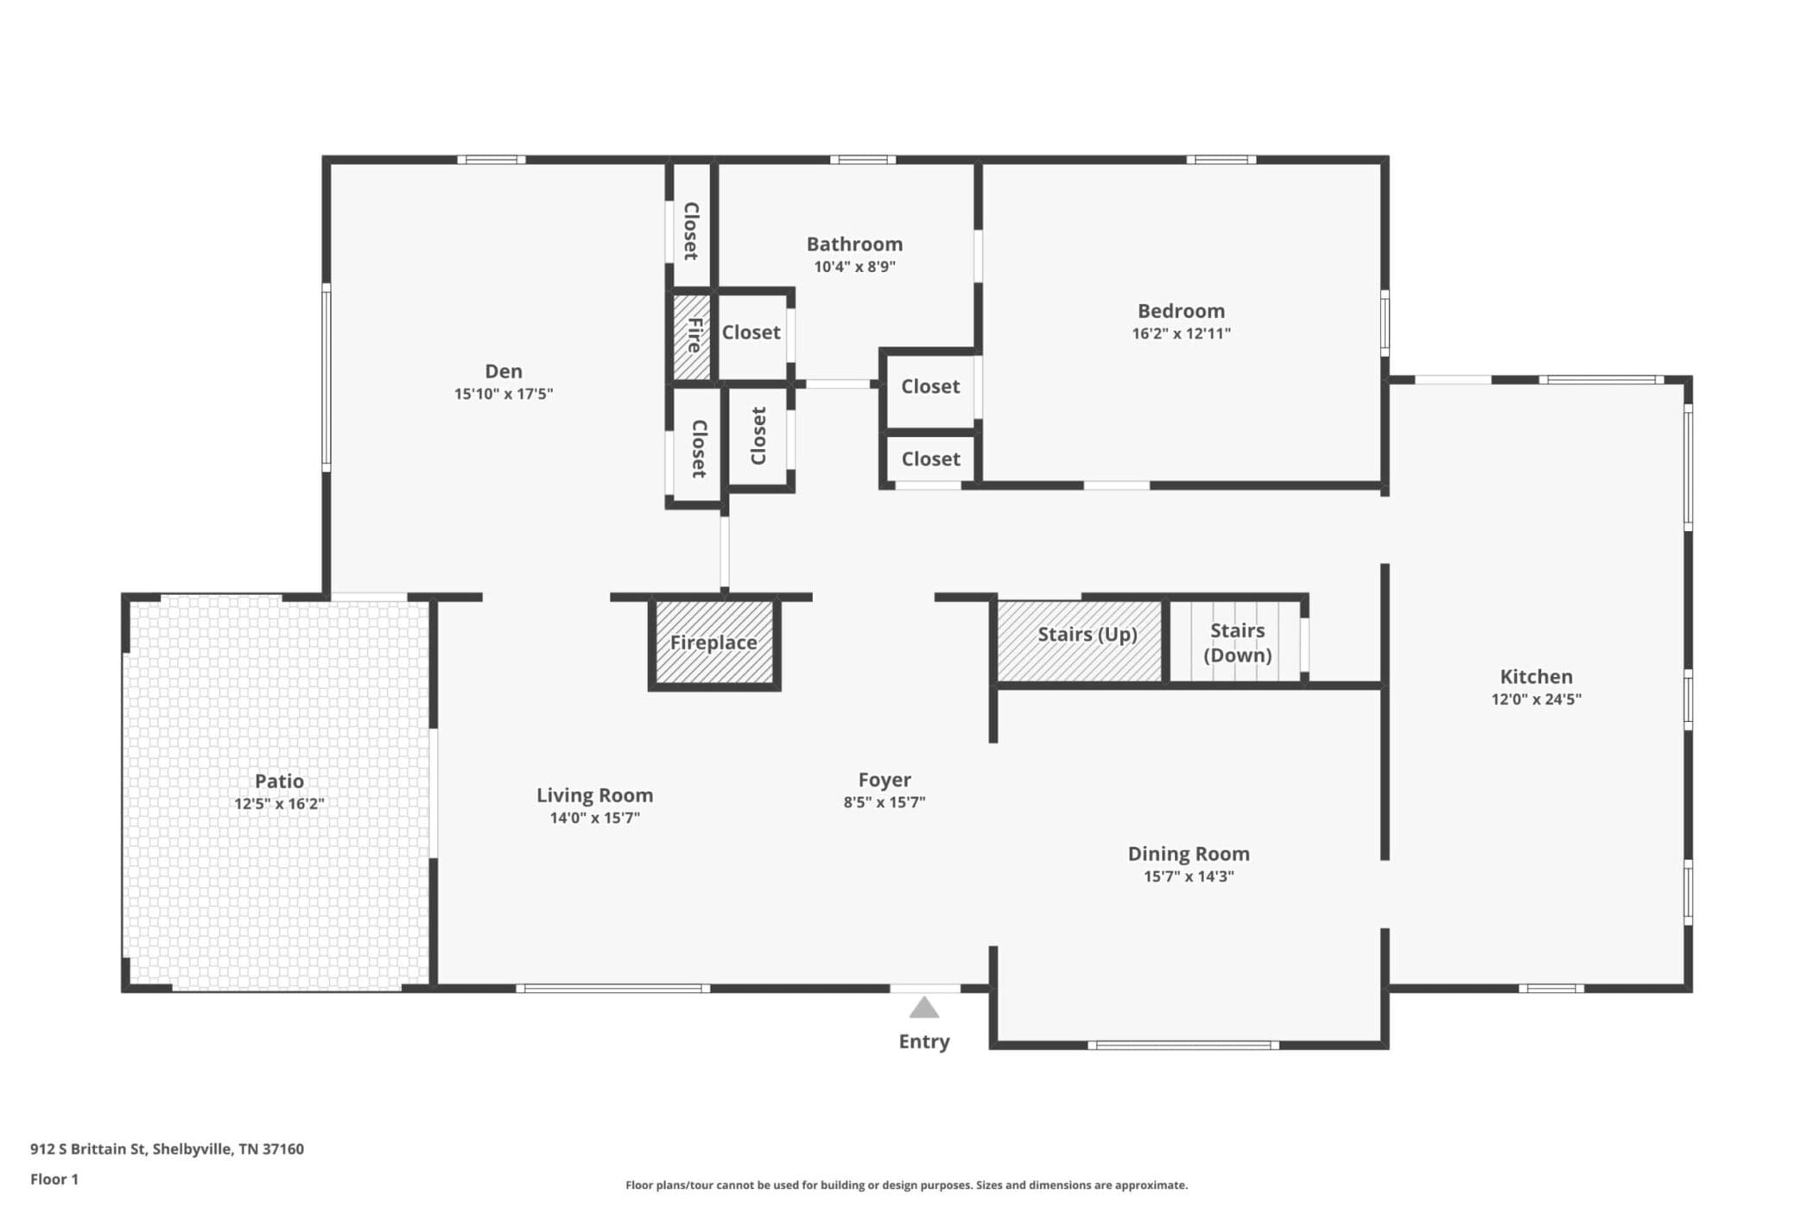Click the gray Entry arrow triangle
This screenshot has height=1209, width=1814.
pyautogui.click(x=924, y=1008)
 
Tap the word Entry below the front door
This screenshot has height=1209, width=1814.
pyautogui.click(x=924, y=1041)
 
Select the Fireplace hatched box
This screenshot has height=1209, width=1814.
pyautogui.click(x=714, y=643)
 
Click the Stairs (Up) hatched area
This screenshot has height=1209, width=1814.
pyautogui.click(x=1080, y=640)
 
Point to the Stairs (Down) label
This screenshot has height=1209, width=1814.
pyautogui.click(x=1238, y=642)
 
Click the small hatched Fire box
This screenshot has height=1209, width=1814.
pyautogui.click(x=692, y=337)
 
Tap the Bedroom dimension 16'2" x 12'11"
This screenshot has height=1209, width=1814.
pyautogui.click(x=1181, y=333)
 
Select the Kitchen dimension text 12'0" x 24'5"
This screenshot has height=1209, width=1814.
pyautogui.click(x=1536, y=699)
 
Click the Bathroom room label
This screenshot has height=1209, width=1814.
pyautogui.click(x=854, y=244)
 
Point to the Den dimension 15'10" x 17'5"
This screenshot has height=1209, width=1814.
pyautogui.click(x=504, y=394)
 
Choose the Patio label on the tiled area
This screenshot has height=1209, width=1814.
pyautogui.click(x=279, y=781)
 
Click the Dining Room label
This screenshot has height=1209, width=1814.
pyautogui.click(x=1189, y=853)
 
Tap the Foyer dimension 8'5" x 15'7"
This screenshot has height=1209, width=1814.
pyautogui.click(x=885, y=802)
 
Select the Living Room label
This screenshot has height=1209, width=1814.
pyautogui.click(x=594, y=795)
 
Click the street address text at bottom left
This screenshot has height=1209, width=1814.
pyautogui.click(x=167, y=1149)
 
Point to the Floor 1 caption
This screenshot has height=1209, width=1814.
pyautogui.click(x=54, y=1180)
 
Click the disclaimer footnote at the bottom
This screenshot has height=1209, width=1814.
pyautogui.click(x=906, y=1186)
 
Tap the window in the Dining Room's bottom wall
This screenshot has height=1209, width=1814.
pyautogui.click(x=1183, y=1046)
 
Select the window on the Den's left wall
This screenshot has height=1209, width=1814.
pyautogui.click(x=327, y=377)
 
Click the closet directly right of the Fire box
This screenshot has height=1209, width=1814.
pyautogui.click(x=751, y=333)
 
